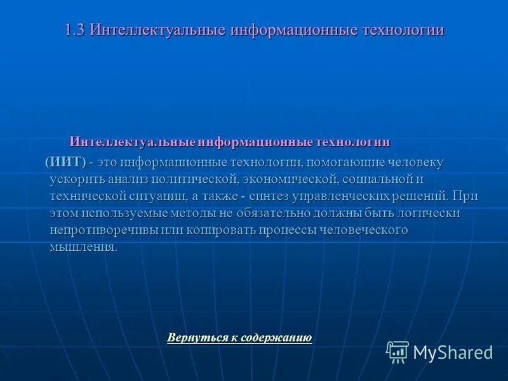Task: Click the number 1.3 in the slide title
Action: pyautogui.click(x=76, y=30)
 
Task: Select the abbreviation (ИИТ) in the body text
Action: pyautogui.click(x=65, y=163)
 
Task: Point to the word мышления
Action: pyautogui.click(x=83, y=247)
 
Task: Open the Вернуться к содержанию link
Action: pyautogui.click(x=239, y=338)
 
